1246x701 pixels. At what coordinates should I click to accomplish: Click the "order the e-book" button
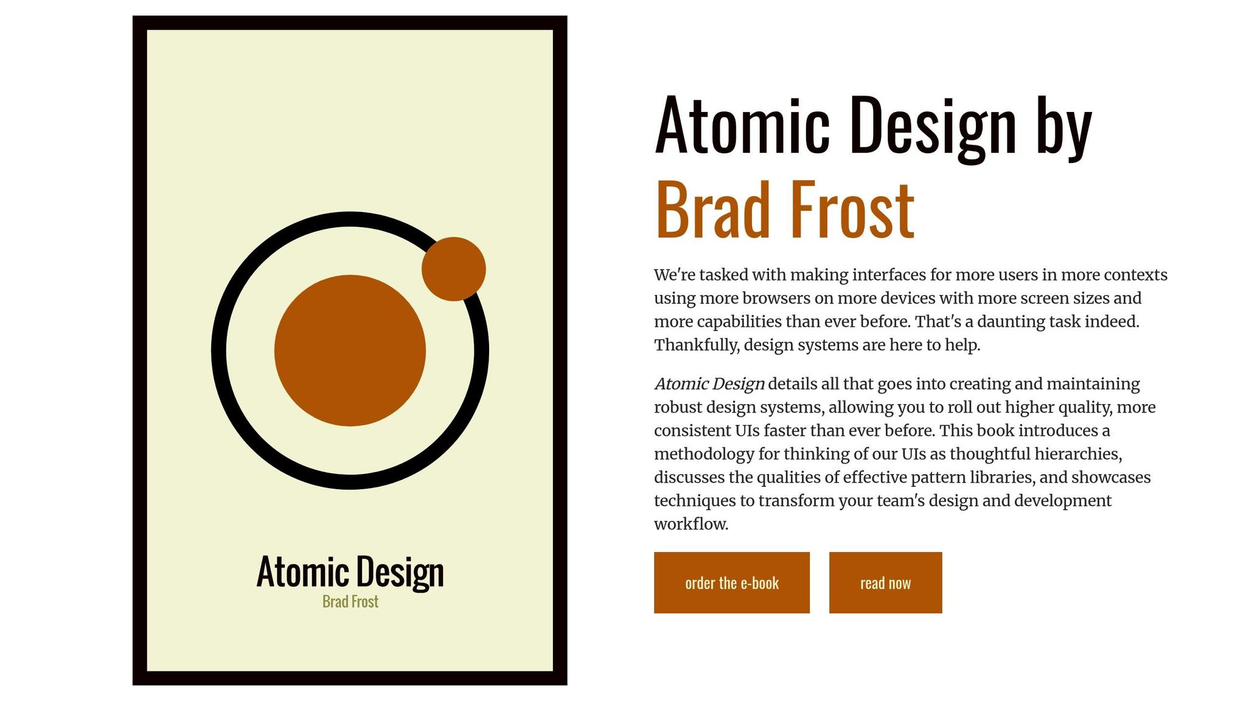[x=731, y=582]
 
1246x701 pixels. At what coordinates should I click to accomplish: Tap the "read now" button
[x=885, y=582]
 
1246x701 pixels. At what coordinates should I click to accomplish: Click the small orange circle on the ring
[x=453, y=269]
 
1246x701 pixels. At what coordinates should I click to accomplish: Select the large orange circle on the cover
[x=350, y=350]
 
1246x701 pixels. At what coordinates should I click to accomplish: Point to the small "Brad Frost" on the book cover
[x=350, y=601]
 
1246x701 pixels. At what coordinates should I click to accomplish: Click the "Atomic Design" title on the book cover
[x=350, y=571]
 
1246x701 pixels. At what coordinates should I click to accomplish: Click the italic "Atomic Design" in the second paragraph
[x=709, y=384]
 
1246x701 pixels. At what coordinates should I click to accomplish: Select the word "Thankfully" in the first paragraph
[x=695, y=346]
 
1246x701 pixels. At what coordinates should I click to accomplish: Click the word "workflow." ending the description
[x=691, y=524]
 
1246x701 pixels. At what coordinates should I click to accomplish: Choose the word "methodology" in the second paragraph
[x=705, y=454]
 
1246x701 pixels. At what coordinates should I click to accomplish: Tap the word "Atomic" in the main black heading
[x=742, y=124]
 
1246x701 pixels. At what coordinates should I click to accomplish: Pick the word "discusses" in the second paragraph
[x=689, y=477]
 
